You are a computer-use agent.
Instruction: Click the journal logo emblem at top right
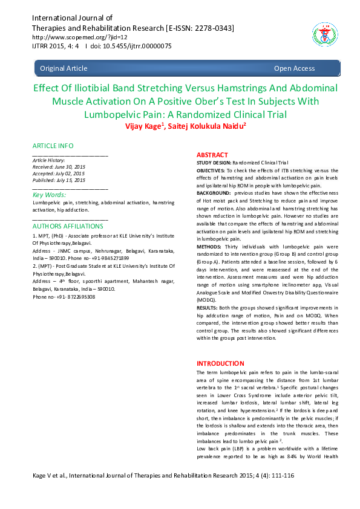(322, 33)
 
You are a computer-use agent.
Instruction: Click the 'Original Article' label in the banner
(64, 68)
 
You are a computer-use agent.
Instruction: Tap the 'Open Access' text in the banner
(294, 68)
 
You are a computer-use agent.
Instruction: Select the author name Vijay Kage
(143, 126)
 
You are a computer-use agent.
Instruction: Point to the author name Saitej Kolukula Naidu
(196, 126)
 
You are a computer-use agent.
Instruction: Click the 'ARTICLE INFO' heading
(53, 146)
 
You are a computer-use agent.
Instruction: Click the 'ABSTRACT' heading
(212, 155)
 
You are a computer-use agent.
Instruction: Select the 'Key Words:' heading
(49, 195)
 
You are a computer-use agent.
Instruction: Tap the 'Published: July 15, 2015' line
(59, 180)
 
